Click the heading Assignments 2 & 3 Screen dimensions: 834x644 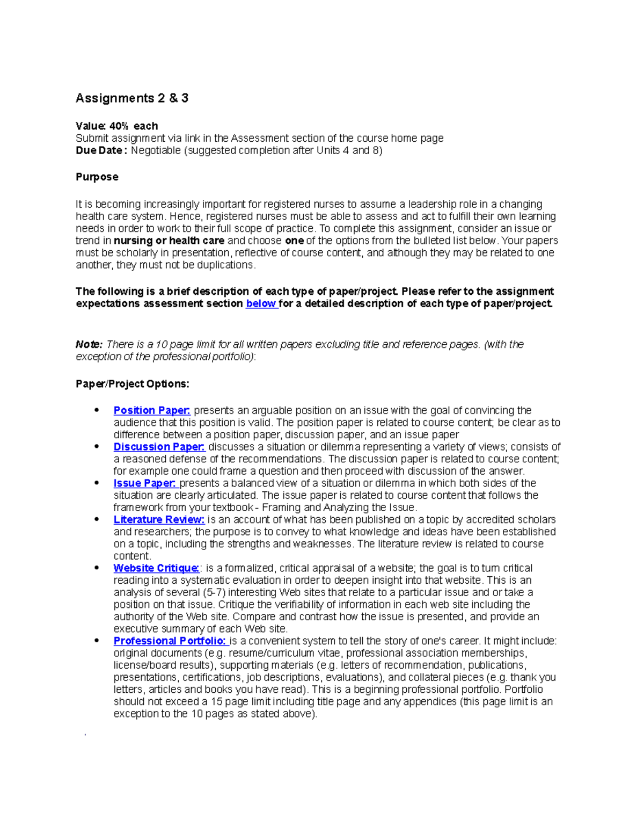coord(132,98)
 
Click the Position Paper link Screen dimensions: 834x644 coord(152,410)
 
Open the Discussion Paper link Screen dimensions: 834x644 coord(159,447)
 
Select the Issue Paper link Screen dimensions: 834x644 coord(144,483)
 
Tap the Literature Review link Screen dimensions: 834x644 coord(159,520)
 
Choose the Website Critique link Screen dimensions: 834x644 coord(156,568)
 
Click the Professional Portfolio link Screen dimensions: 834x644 coord(171,641)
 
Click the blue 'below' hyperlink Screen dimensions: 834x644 coord(261,304)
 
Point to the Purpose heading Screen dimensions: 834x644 coord(97,177)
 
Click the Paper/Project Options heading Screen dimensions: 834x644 coord(133,384)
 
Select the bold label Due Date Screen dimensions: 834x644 coord(100,151)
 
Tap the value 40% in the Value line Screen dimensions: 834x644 coord(119,126)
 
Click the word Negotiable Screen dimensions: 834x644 coord(156,151)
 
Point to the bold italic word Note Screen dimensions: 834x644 coord(89,344)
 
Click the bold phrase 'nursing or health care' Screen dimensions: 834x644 coord(169,241)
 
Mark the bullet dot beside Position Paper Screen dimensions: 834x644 coord(97,410)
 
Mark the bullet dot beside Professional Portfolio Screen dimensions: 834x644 coord(97,641)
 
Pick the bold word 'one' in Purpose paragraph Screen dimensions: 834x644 coord(294,241)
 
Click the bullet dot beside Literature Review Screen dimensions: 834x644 coord(97,519)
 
